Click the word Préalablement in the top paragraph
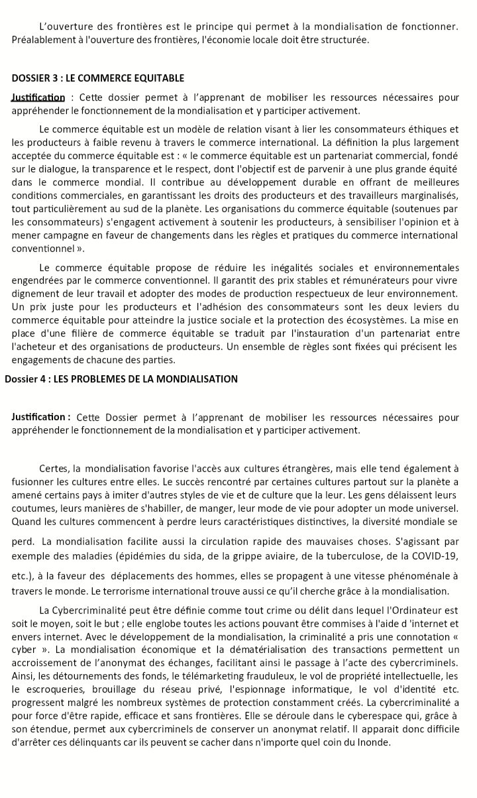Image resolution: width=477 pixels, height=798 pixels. coord(40,40)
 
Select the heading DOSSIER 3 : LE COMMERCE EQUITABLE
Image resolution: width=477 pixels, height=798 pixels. coord(97,78)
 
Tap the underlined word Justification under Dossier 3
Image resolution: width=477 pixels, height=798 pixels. coord(38,98)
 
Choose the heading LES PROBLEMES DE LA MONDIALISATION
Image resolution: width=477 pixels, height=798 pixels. coord(145,379)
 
